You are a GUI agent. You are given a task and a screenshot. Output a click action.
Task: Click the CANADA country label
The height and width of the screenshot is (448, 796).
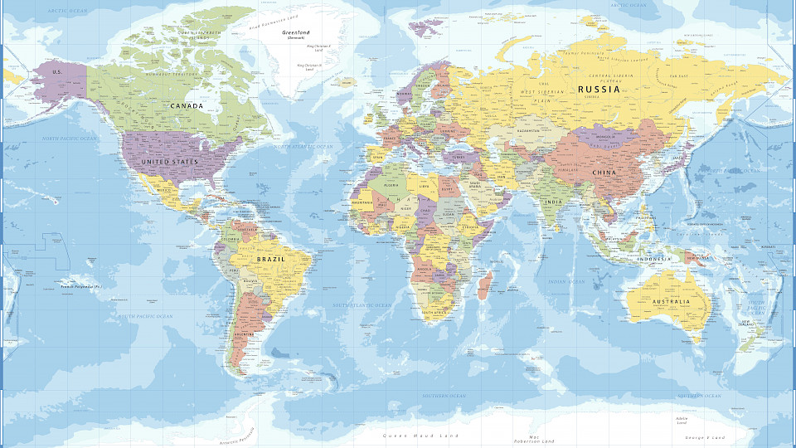click(187, 106)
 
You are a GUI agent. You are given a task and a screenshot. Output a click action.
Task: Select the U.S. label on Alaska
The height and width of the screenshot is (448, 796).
click(57, 72)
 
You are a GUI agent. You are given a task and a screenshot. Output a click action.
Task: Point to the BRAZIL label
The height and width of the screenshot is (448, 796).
click(271, 260)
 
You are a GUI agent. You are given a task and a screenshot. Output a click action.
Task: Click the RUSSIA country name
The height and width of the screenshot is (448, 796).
click(599, 89)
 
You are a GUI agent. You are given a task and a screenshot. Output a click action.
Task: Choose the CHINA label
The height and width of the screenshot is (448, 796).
click(604, 173)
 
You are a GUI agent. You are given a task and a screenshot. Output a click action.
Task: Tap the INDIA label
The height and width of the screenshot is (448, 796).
click(552, 202)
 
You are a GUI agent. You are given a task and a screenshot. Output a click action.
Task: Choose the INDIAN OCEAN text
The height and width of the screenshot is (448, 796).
click(566, 282)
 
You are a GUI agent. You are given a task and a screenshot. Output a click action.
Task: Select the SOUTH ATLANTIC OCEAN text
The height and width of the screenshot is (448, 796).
click(362, 305)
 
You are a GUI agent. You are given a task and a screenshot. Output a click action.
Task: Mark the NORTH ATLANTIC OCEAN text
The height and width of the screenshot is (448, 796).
click(303, 146)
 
